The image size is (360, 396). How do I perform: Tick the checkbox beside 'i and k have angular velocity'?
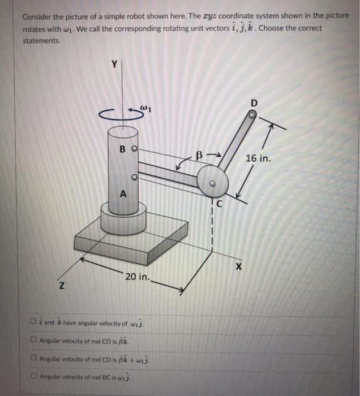(35, 323)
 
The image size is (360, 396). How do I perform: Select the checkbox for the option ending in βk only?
(35, 341)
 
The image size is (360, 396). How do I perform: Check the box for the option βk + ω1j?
(35, 359)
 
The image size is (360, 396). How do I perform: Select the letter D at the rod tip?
(253, 104)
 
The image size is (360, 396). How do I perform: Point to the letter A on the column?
(122, 194)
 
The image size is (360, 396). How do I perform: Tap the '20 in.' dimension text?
(138, 278)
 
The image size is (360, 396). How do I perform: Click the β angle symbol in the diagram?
(198, 154)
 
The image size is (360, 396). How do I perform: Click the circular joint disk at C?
(213, 182)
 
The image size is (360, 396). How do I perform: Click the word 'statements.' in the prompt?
(41, 41)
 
